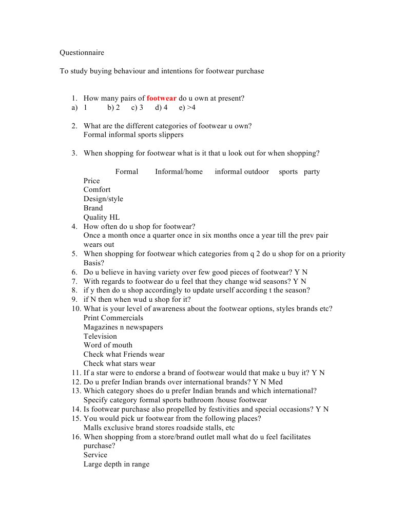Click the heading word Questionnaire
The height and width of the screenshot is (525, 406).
82,53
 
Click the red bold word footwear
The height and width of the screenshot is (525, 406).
162,99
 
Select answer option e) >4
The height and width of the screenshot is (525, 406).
187,108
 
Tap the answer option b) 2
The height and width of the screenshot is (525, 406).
113,108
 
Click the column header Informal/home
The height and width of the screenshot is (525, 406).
179,171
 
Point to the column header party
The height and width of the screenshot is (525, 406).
312,171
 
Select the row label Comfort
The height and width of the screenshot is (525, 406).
97,190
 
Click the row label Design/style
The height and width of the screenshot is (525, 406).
103,199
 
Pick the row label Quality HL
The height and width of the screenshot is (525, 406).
102,218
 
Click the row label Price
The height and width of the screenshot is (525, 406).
92,181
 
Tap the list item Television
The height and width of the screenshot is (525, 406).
100,337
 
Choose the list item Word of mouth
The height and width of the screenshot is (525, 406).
108,345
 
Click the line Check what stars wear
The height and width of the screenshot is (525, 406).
119,364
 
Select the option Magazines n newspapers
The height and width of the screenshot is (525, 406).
123,327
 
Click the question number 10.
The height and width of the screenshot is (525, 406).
76,309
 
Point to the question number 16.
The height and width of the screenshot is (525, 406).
76,437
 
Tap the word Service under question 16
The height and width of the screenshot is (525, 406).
95,455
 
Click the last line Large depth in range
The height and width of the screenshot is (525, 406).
117,464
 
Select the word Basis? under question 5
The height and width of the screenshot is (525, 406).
94,263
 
